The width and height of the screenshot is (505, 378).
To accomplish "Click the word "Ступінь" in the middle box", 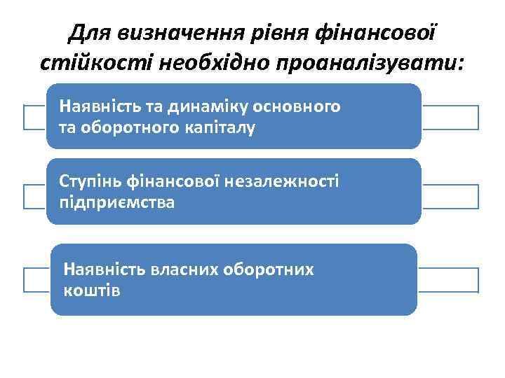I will [x=90, y=182].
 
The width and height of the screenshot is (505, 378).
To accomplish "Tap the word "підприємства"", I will [x=118, y=202].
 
